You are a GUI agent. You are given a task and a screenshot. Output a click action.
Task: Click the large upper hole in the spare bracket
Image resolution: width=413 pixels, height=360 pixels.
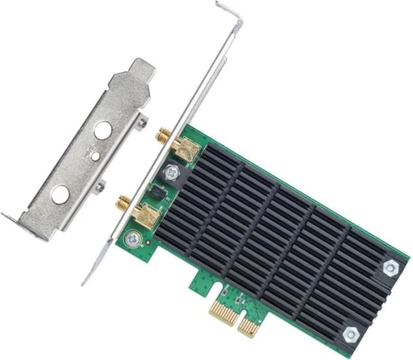pos(102,130)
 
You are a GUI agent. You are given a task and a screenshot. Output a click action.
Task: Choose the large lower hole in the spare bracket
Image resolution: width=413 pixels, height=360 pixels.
pos(59,193)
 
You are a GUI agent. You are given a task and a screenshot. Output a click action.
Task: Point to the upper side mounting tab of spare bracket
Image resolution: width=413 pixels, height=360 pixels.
pos(144,122)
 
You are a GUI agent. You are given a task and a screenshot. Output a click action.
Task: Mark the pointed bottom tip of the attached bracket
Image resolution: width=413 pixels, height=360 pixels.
pos(85,281)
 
